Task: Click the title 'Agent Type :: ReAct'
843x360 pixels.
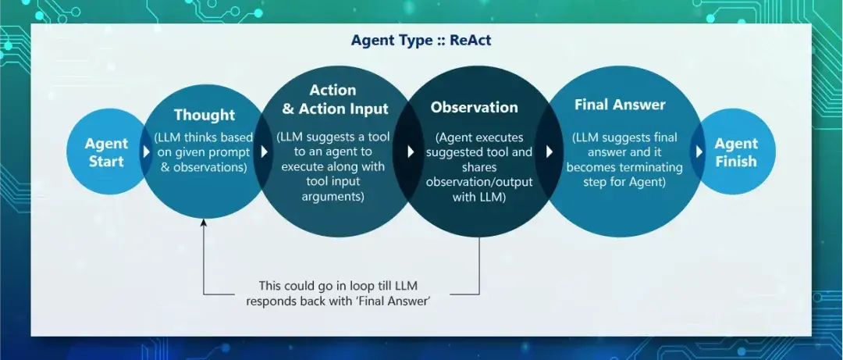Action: click(x=421, y=40)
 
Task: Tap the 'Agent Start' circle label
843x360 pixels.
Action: click(x=106, y=153)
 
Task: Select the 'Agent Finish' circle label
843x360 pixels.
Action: click(x=735, y=153)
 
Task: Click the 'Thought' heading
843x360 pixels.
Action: click(x=204, y=115)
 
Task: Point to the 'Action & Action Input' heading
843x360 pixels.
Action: click(x=333, y=99)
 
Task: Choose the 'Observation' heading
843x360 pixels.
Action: click(x=474, y=108)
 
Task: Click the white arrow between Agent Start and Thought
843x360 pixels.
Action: click(x=146, y=152)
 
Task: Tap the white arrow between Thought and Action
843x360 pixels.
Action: click(x=265, y=152)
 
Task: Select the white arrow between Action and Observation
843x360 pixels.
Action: click(x=411, y=152)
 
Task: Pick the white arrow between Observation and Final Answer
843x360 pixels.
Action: click(x=550, y=152)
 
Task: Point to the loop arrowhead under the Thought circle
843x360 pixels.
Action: click(x=204, y=224)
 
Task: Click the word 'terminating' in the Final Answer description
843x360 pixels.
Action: click(x=650, y=167)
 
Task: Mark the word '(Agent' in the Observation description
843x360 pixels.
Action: click(x=454, y=137)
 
